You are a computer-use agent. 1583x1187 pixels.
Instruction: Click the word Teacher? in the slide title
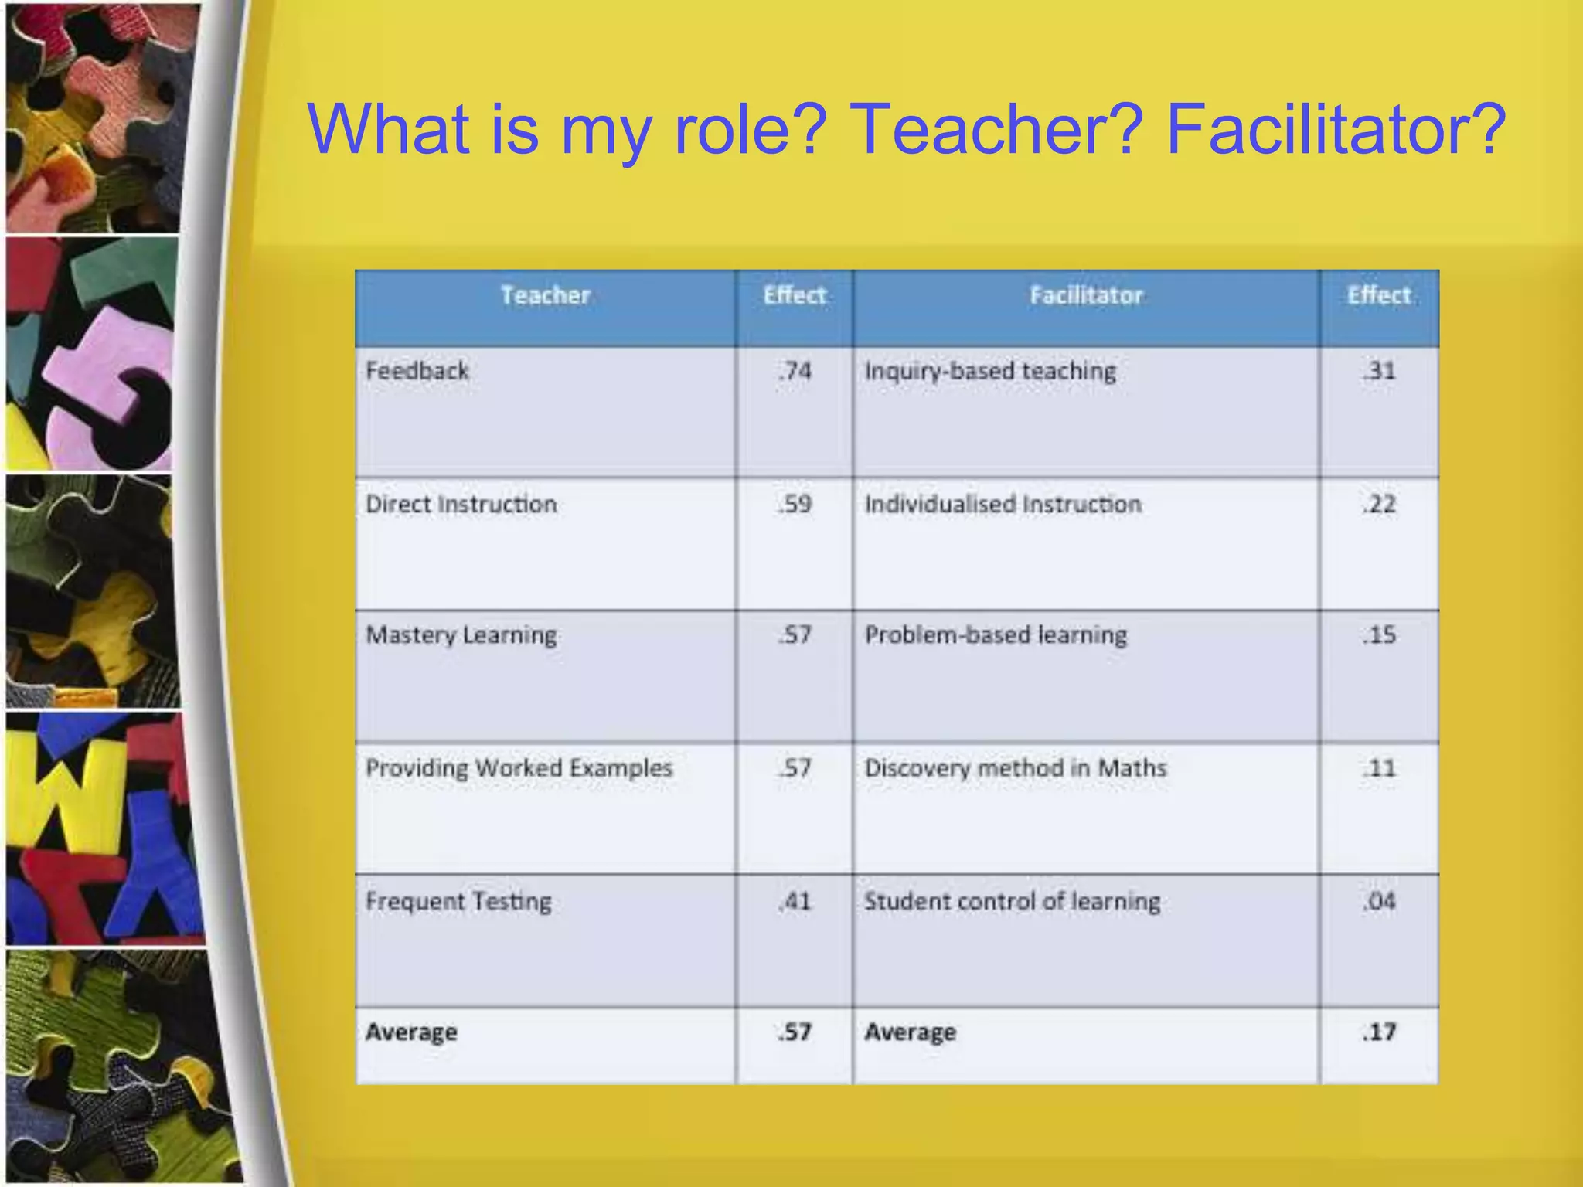(x=996, y=130)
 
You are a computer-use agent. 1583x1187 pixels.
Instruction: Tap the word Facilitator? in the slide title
(x=1336, y=130)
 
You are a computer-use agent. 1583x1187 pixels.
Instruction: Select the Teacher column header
(x=545, y=295)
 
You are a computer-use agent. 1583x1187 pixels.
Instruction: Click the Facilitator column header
(x=1086, y=295)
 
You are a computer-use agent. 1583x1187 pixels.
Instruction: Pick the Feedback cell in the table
(x=417, y=371)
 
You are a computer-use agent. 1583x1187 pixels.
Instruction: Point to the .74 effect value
(x=795, y=371)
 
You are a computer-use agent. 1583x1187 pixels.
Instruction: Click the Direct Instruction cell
(x=461, y=504)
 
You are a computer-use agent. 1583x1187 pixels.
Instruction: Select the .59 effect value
(x=795, y=504)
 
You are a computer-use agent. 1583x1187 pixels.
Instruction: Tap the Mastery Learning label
(x=461, y=634)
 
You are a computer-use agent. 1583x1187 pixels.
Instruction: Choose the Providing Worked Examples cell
(x=519, y=768)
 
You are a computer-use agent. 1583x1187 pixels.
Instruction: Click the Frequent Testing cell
(x=459, y=901)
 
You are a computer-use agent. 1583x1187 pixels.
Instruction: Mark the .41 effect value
(x=795, y=901)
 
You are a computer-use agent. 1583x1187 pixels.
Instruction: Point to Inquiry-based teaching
(x=991, y=371)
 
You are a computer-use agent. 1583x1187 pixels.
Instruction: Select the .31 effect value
(x=1380, y=371)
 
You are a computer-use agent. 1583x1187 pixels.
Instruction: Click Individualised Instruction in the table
(x=1003, y=504)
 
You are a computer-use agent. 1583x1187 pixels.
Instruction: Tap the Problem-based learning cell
(x=996, y=634)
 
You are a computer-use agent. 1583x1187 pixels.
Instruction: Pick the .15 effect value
(x=1380, y=634)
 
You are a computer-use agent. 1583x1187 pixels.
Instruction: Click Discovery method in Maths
(x=1016, y=768)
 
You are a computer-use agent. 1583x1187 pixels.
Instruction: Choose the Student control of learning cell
(x=1013, y=901)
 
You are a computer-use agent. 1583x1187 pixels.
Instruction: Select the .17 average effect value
(x=1380, y=1032)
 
